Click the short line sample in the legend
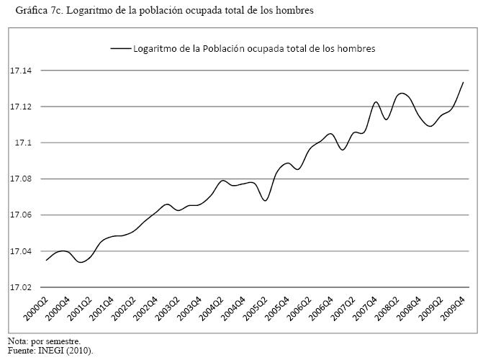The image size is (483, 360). pyautogui.click(x=119, y=49)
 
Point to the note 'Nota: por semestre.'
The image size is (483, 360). pyautogui.click(x=44, y=341)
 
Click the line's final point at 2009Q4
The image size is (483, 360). pyautogui.click(x=463, y=82)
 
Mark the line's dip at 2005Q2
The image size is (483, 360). pyautogui.click(x=266, y=200)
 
